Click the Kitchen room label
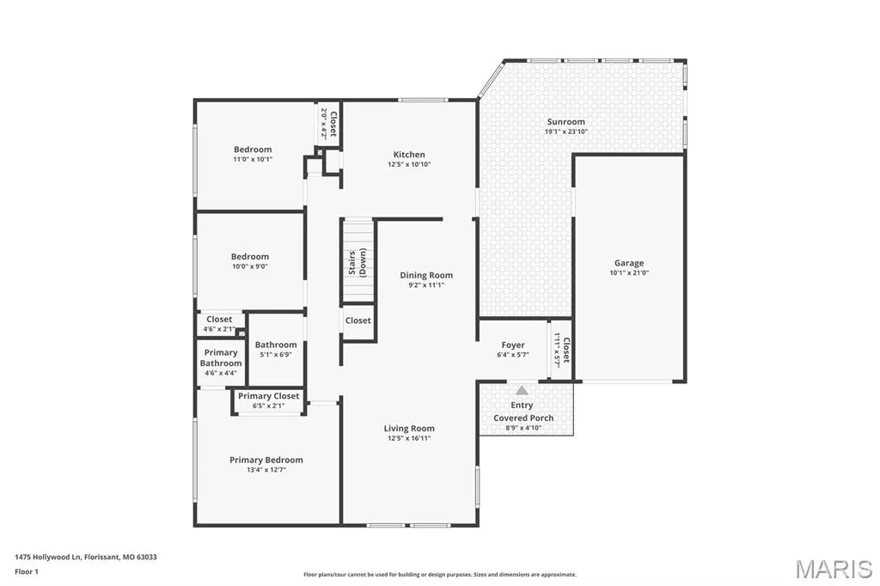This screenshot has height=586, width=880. coord(409,155)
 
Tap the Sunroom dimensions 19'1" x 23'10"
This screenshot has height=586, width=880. coord(566,132)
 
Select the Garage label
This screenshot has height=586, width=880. coord(629,263)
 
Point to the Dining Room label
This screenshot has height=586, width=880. coord(426,275)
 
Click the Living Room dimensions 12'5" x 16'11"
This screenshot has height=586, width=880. coord(409,438)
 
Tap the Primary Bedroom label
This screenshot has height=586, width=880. coord(266,460)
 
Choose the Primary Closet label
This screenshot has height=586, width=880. coord(269,396)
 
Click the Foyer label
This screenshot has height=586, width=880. coord(513,345)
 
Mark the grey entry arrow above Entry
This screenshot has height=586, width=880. coord(522,390)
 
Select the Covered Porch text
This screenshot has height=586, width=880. coord(523,418)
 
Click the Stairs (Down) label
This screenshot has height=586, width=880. coord(357,263)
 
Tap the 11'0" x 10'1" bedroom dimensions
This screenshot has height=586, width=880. coord(253,160)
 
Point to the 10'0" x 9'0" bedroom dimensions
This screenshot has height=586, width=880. coord(250,266)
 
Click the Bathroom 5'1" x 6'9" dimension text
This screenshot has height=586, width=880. coord(276,355)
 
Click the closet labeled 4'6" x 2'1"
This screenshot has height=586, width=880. coord(219,324)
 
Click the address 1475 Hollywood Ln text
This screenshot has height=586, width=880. coord(49,558)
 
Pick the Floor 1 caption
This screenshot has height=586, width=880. coord(27,572)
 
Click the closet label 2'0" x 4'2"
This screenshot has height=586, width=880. coord(328,124)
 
